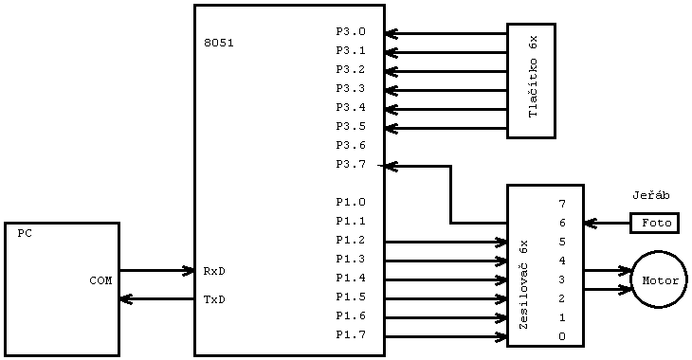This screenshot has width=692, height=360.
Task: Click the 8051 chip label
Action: pyautogui.click(x=219, y=43)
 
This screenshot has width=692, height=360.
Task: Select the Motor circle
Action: pyautogui.click(x=659, y=279)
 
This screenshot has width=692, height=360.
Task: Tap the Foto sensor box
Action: pyautogui.click(x=655, y=223)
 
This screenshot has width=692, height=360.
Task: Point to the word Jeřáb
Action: pyautogui.click(x=651, y=195)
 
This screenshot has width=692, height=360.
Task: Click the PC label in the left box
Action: pyautogui.click(x=25, y=233)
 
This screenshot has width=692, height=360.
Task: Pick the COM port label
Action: pyautogui.click(x=100, y=280)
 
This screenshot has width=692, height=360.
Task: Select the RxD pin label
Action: pyautogui.click(x=214, y=271)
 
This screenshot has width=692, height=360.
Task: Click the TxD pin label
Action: pyautogui.click(x=214, y=299)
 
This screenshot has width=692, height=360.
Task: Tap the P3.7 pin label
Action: pyautogui.click(x=350, y=164)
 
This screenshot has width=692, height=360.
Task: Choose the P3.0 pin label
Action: pyautogui.click(x=350, y=31)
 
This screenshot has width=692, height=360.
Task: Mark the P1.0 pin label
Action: pyautogui.click(x=350, y=202)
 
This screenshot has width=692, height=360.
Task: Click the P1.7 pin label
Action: pyautogui.click(x=350, y=334)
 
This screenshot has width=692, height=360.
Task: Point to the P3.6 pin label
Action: pyautogui.click(x=350, y=145)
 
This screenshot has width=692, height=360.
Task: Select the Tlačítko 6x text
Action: pyautogui.click(x=533, y=78)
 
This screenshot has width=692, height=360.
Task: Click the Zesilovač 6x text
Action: pyautogui.click(x=523, y=284)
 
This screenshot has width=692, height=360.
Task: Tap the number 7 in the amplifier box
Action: pyautogui.click(x=562, y=204)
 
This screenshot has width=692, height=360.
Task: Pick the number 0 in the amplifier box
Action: pyautogui.click(x=562, y=336)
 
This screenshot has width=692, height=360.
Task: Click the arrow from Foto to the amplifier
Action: pyautogui.click(x=607, y=223)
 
